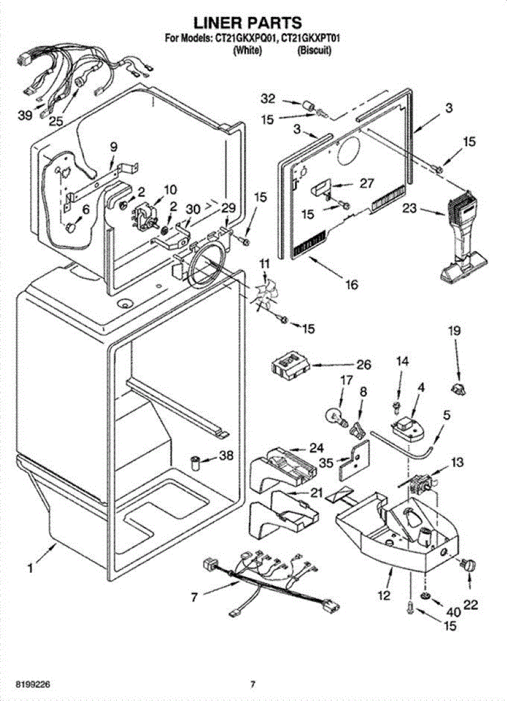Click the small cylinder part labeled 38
pyautogui.click(x=196, y=464)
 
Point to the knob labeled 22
pyautogui.click(x=468, y=564)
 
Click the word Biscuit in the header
pyautogui.click(x=315, y=51)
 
